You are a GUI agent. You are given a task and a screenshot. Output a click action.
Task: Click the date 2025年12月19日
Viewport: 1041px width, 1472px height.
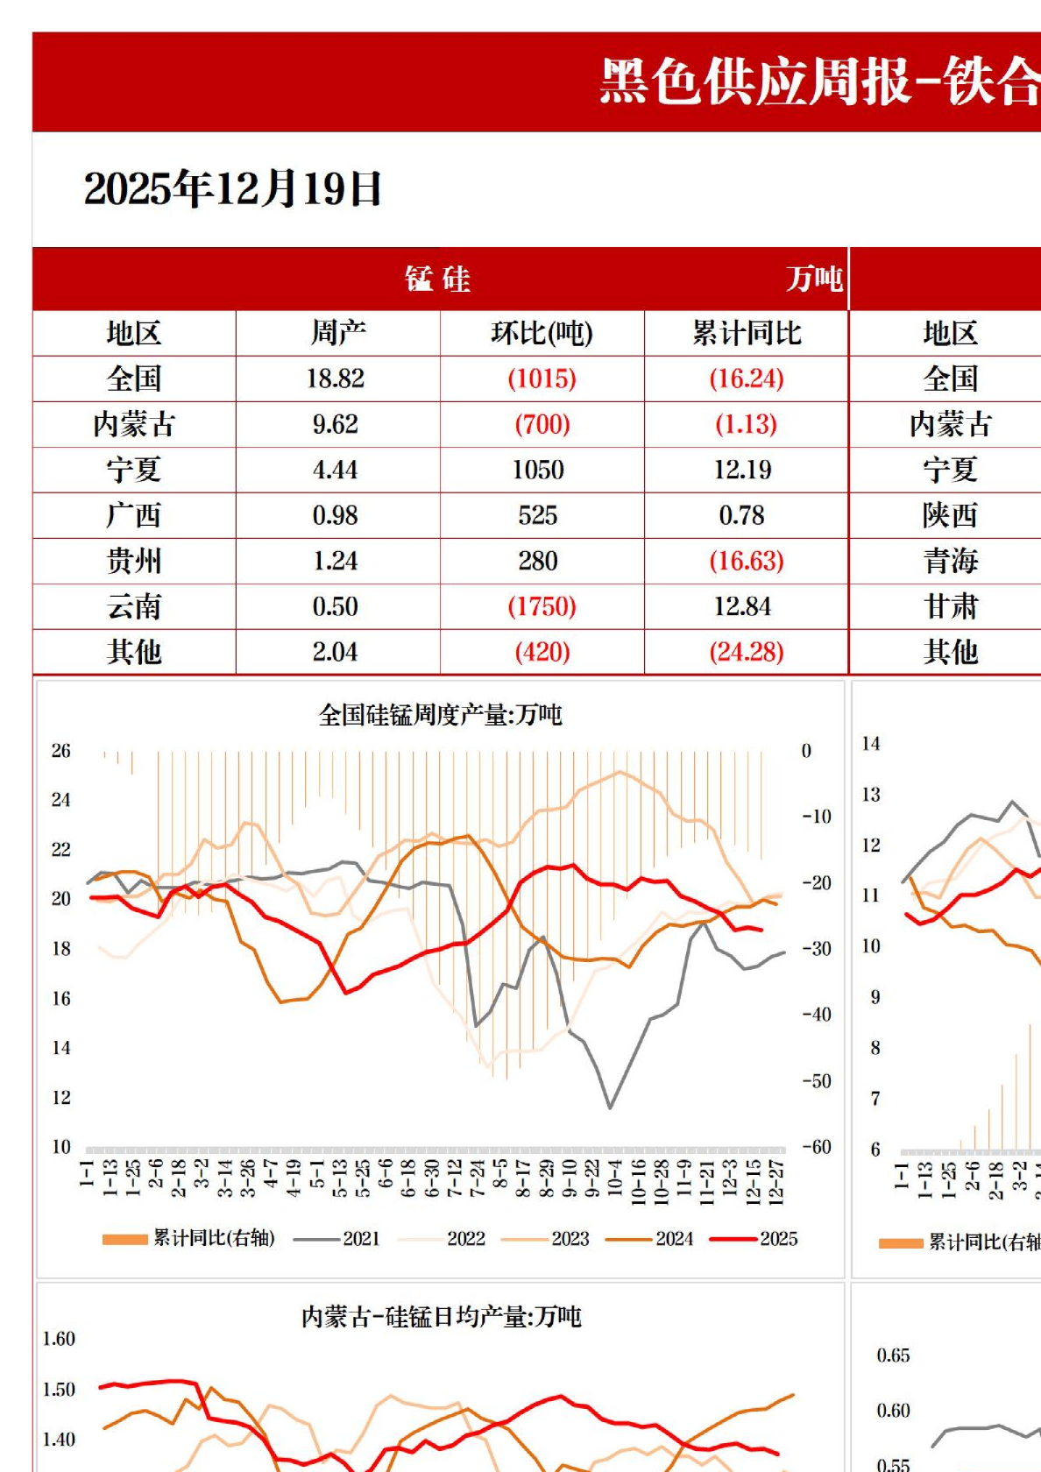point(232,188)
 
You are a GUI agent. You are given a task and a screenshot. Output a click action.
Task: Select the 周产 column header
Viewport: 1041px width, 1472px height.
point(337,333)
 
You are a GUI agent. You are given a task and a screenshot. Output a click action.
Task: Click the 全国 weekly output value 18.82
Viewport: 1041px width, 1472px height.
point(336,379)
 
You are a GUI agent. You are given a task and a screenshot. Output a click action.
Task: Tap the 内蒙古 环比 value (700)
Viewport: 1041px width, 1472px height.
point(542,424)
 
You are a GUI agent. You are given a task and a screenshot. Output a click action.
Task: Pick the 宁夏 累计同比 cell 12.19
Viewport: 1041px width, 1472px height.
point(743,470)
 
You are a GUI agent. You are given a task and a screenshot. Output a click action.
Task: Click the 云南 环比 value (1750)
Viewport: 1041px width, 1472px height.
point(542,606)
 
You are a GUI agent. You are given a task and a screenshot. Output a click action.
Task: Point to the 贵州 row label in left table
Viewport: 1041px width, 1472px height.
point(134,561)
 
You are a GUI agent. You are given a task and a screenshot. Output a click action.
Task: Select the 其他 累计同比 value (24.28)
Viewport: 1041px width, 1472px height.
point(747,652)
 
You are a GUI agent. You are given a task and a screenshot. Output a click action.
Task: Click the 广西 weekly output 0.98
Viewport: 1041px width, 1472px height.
point(336,515)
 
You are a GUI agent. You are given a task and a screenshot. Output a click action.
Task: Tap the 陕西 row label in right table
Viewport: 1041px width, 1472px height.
point(950,515)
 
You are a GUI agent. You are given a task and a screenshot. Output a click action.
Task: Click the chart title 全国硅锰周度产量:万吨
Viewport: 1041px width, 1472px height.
point(440,715)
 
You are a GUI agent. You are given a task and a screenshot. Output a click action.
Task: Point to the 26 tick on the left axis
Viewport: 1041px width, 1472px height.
point(60,751)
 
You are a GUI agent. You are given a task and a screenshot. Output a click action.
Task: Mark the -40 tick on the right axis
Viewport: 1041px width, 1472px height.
point(816,1015)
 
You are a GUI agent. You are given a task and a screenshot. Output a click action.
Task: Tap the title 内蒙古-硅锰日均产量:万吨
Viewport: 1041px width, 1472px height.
point(441,1317)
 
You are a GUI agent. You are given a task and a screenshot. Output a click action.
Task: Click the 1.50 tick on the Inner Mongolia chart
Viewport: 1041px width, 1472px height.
point(59,1390)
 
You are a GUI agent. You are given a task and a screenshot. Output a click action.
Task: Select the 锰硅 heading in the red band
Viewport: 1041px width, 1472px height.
point(437,280)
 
